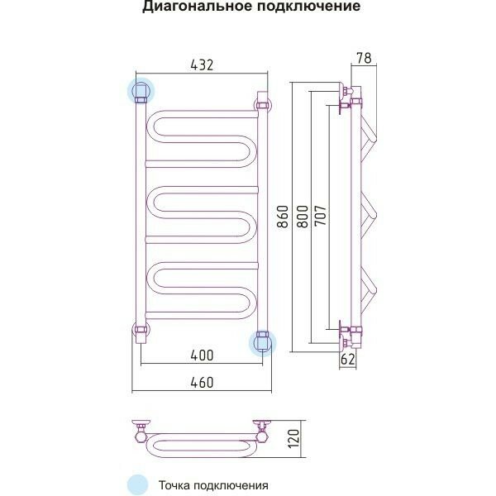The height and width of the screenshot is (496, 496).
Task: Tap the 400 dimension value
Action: coord(202,355)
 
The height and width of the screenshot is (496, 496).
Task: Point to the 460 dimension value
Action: coord(202,382)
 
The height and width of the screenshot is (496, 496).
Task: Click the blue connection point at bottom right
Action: coord(264,341)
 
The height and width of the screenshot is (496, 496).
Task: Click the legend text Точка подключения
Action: coord(213,485)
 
